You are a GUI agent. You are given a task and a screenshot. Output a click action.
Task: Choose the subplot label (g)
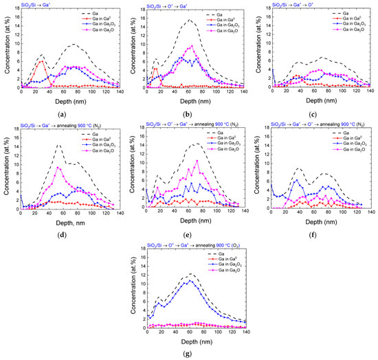pos(188,348)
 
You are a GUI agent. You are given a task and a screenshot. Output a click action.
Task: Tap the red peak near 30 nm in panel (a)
pos(41,61)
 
